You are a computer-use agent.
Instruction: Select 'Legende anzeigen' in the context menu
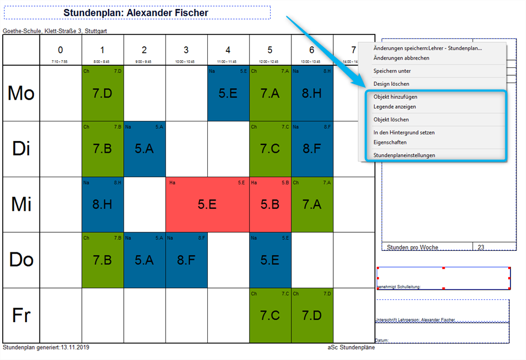(394, 106)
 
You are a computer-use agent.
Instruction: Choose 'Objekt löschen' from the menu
(391, 120)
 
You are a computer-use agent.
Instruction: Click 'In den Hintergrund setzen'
(404, 133)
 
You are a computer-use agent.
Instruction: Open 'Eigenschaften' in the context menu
(390, 142)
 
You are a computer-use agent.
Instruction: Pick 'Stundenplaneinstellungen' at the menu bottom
(404, 155)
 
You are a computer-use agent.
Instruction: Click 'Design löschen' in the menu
(391, 84)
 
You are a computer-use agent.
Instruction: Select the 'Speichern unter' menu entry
(392, 71)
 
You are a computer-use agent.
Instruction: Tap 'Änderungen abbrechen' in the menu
(401, 58)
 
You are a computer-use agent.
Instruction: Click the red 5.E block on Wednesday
(207, 205)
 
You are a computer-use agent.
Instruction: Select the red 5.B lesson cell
(270, 205)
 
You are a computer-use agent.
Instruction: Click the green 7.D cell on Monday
(103, 93)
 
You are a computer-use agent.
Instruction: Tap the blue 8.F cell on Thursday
(187, 260)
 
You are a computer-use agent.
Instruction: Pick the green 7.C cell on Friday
(270, 316)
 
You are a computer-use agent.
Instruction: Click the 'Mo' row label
(21, 93)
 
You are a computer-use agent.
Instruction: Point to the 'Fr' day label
(21, 316)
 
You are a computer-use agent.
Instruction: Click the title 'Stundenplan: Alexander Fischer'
(137, 13)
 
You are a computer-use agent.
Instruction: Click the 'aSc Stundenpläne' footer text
(351, 347)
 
